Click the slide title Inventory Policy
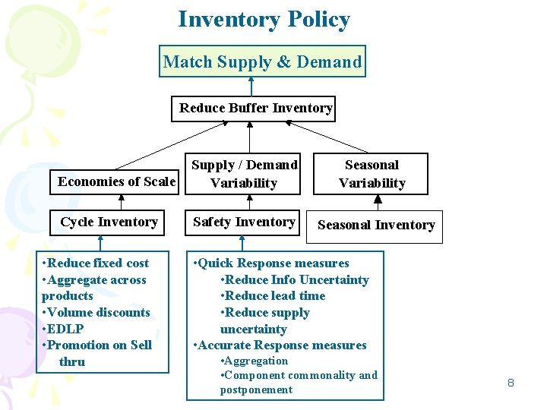coord(264,19)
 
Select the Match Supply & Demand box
coord(262,61)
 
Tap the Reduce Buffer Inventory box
coord(255,108)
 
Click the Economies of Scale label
coord(116,181)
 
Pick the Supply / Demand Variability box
coord(244,174)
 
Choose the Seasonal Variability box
coord(372,174)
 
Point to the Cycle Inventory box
coord(109,222)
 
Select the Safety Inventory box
coord(244,222)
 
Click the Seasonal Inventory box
coord(376,225)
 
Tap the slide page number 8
coord(511,383)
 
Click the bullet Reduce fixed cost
coord(96,263)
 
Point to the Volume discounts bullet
coord(96,312)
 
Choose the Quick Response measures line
coord(271,263)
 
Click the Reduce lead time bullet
coord(273,295)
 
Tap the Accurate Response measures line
coord(280,345)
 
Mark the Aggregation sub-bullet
coord(254,361)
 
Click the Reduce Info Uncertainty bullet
coord(294,279)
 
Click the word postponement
coord(256,389)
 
